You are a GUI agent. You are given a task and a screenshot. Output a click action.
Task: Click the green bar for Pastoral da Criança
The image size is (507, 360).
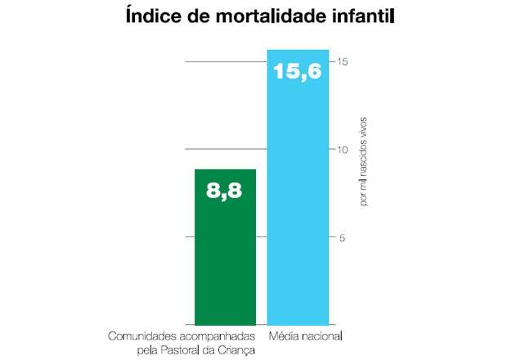225,254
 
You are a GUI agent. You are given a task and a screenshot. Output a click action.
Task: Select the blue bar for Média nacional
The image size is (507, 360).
298,205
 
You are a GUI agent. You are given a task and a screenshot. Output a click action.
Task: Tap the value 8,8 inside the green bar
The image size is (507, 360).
225,193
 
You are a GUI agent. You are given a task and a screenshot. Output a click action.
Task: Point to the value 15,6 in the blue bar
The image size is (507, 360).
298,72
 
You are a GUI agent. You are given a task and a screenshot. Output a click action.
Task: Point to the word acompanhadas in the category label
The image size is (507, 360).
213,336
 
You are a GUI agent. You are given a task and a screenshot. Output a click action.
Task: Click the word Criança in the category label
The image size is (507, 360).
237,349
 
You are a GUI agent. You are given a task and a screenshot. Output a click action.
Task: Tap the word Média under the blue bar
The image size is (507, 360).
283,336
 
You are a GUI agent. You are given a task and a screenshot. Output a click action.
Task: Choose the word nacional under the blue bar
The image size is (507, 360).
321,336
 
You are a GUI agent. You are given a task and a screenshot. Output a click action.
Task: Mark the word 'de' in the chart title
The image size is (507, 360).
192,16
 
